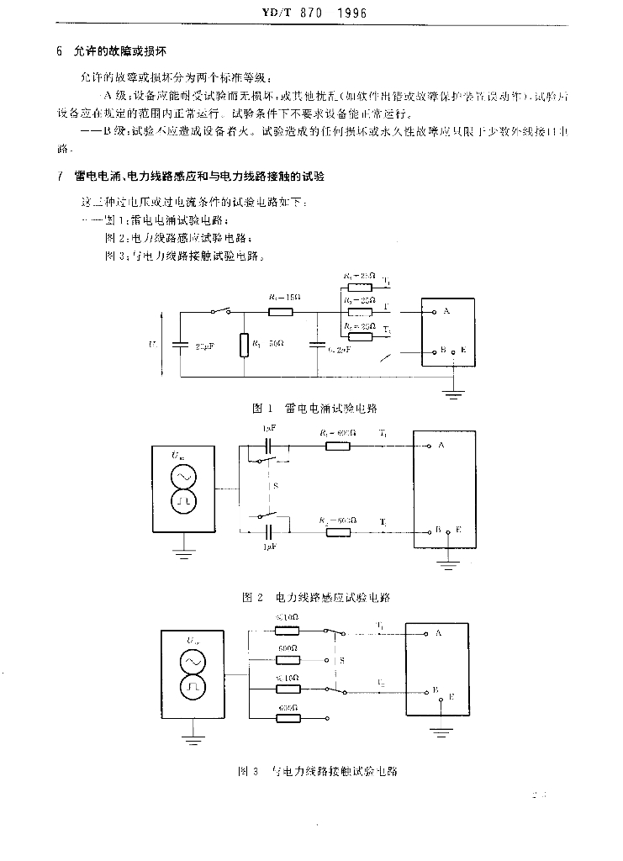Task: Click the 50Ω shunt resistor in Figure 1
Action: pos(244,345)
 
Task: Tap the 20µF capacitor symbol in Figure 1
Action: pos(179,344)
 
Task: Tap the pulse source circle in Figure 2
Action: pos(184,502)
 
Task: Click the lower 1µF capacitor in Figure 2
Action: pos(269,532)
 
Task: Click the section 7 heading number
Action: pos(60,178)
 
